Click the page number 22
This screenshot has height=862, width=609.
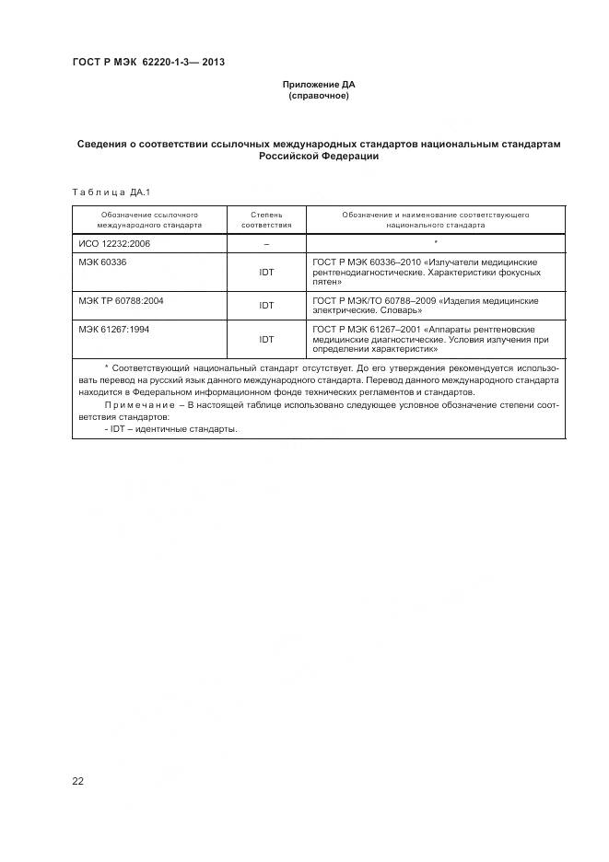tap(77, 781)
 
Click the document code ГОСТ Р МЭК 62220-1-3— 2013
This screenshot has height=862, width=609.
tap(148, 63)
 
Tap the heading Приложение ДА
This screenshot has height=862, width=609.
tap(318, 85)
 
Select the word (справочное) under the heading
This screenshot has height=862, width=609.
tap(318, 96)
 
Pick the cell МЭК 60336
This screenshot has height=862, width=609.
tap(102, 262)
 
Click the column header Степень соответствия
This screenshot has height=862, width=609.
tap(266, 219)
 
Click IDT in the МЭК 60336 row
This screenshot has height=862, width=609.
tap(266, 273)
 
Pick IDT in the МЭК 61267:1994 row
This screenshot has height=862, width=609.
tap(266, 340)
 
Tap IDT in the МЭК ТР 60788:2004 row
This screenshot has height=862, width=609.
tap(266, 306)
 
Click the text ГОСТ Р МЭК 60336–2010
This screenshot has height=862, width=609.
tap(367, 262)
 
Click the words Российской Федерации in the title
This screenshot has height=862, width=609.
tap(318, 157)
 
